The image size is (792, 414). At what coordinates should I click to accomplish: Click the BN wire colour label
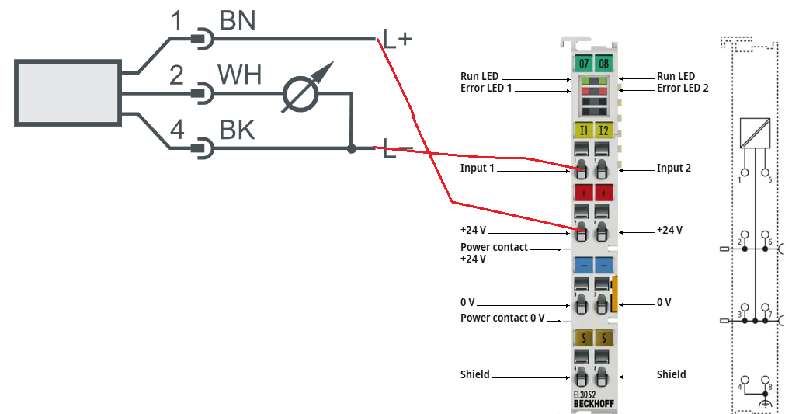point(237,21)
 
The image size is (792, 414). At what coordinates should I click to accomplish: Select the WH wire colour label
point(239,75)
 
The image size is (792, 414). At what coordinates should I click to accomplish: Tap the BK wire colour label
point(236,130)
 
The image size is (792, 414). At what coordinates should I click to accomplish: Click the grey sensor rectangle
point(69,91)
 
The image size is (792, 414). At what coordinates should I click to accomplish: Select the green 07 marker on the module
point(583,63)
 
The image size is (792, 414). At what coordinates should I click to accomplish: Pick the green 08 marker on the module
point(603,63)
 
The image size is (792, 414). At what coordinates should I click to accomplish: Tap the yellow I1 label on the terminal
point(583,130)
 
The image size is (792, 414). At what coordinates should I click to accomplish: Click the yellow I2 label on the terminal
point(603,130)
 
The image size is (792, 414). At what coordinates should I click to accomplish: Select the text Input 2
point(673,168)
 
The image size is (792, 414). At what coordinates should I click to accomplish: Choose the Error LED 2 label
point(683,88)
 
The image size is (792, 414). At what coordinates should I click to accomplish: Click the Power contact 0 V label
point(502,318)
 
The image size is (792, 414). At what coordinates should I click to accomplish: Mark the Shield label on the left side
point(474,374)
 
